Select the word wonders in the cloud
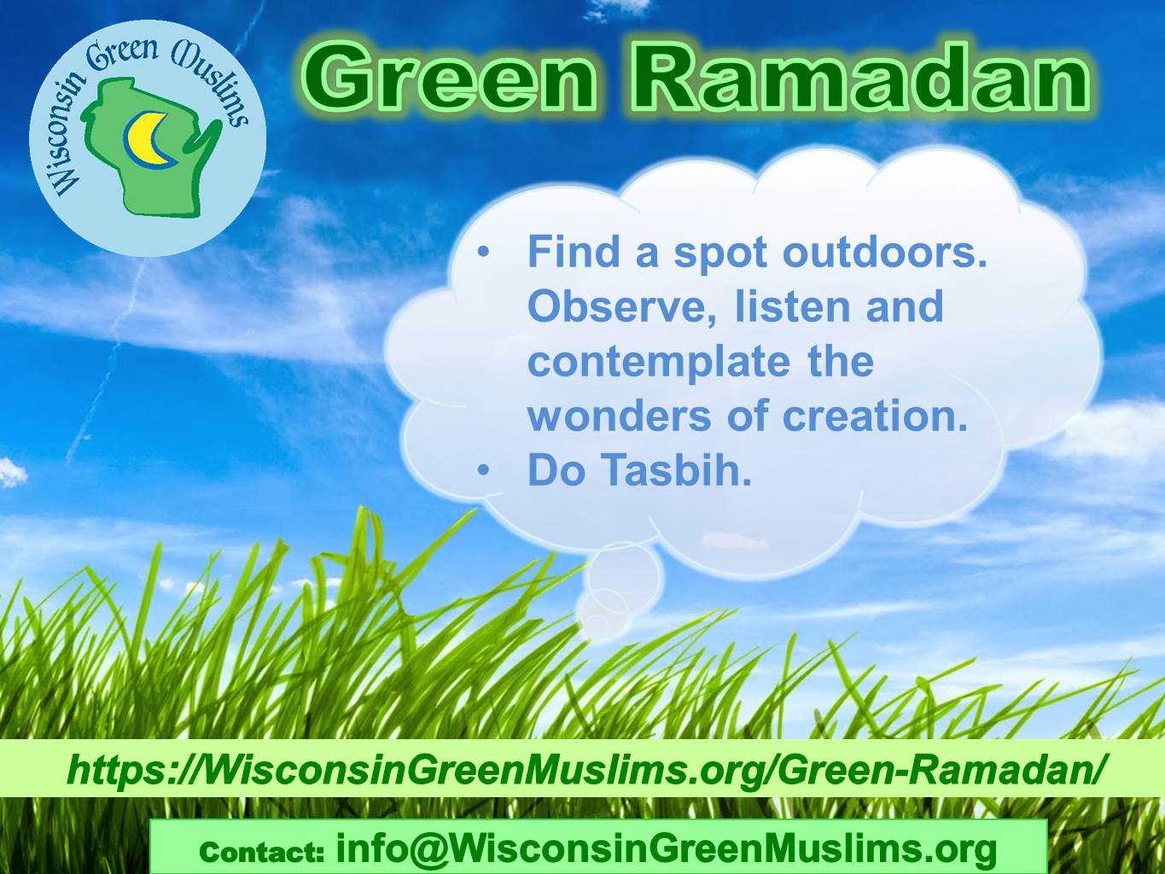pyautogui.click(x=619, y=416)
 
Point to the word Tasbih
pyautogui.click(x=679, y=469)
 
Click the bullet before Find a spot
pyautogui.click(x=482, y=253)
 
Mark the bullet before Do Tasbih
pyautogui.click(x=482, y=470)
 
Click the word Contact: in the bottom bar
pyautogui.click(x=261, y=853)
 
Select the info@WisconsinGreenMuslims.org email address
pyautogui.click(x=667, y=849)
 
